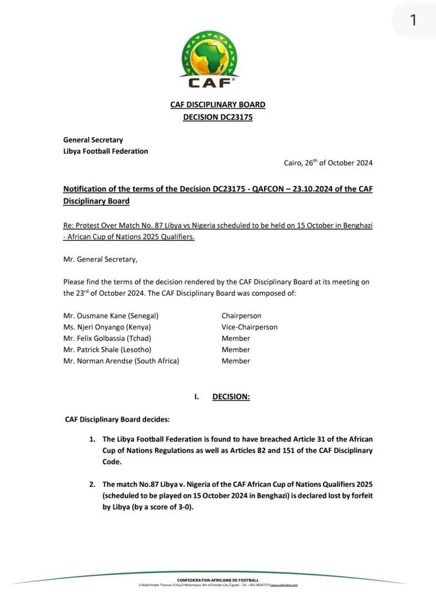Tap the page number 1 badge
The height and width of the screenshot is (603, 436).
413,20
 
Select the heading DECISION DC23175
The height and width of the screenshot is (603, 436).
217,117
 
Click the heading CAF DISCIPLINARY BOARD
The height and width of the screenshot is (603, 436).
217,105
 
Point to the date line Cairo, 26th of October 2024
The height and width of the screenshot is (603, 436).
328,163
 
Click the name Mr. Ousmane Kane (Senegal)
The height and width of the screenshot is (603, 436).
111,316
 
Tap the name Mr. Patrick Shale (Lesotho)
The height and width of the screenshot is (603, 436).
107,349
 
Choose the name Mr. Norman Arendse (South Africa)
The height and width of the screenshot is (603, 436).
121,360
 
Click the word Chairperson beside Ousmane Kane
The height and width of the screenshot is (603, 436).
241,316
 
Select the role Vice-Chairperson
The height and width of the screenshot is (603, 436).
249,327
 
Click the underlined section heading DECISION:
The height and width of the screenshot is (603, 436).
231,397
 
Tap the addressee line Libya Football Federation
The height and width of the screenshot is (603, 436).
105,151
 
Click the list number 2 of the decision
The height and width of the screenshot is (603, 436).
92,484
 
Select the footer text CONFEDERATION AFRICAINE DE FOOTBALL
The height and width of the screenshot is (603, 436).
217,580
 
